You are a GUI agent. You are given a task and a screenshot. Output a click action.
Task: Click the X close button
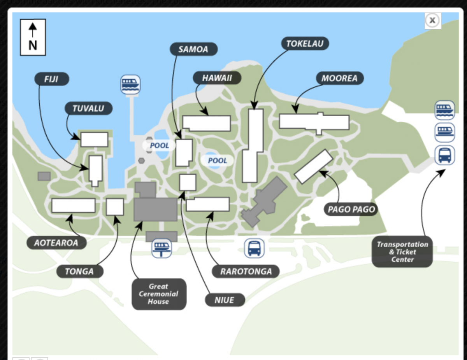[433, 21]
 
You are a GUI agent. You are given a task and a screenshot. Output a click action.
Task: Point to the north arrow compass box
[33, 37]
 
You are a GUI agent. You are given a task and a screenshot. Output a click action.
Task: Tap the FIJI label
[52, 79]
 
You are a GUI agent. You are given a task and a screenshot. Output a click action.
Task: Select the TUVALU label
[89, 108]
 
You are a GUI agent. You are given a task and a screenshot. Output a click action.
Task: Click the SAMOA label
[194, 49]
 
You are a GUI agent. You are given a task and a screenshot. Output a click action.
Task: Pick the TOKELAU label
[305, 44]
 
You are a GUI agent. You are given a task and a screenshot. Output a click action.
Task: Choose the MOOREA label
[340, 78]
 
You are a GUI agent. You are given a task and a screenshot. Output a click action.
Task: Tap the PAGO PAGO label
[351, 209]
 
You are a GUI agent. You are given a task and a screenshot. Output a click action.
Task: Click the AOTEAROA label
[56, 243]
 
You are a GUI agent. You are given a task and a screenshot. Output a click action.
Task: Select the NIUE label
[225, 300]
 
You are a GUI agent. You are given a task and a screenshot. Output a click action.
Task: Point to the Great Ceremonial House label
[159, 294]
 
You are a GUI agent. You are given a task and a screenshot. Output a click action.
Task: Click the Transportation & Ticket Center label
[402, 252]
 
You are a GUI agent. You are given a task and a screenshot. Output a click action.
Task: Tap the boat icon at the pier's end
[130, 85]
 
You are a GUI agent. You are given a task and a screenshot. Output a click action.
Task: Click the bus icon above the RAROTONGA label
[254, 248]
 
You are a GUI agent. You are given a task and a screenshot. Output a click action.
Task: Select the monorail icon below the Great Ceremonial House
[162, 248]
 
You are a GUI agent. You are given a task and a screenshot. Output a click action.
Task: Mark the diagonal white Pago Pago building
[314, 166]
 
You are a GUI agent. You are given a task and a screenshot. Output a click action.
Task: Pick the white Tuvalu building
[94, 140]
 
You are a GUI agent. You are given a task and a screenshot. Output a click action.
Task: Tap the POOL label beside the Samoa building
[159, 145]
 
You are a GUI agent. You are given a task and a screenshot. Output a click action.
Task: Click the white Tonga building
[115, 207]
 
